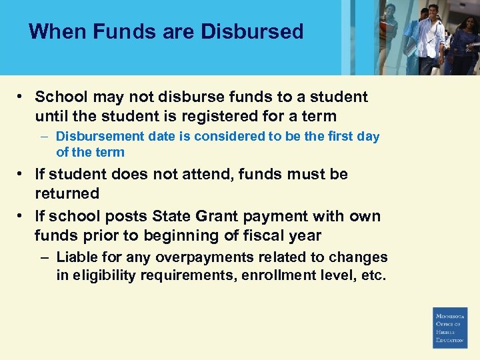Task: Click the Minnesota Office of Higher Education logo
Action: tap(450, 327)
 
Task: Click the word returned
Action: tap(67, 193)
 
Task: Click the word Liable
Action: tap(77, 257)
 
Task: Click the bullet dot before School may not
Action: tap(22, 97)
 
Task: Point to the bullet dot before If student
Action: tap(22, 174)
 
